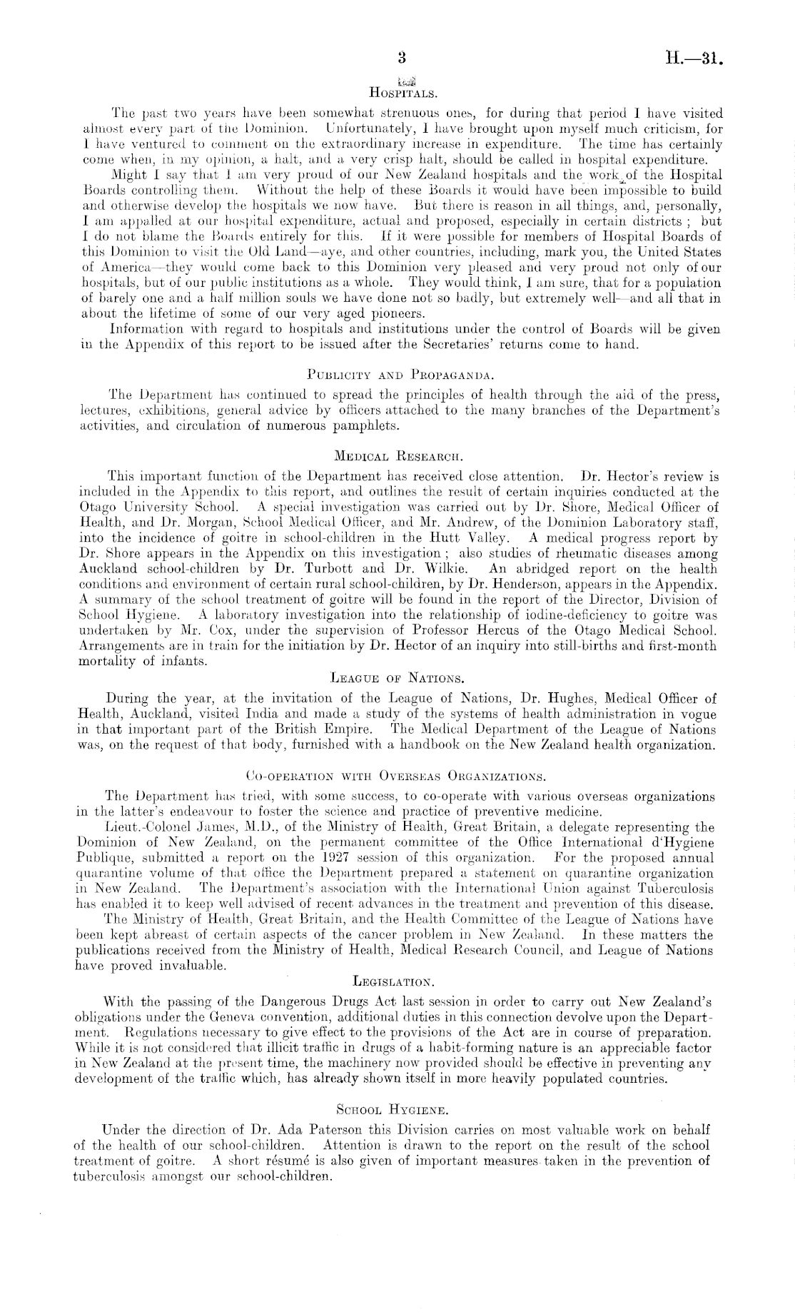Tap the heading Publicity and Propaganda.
pyautogui.click(x=398, y=373)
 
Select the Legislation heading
pyautogui.click(x=397, y=982)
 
